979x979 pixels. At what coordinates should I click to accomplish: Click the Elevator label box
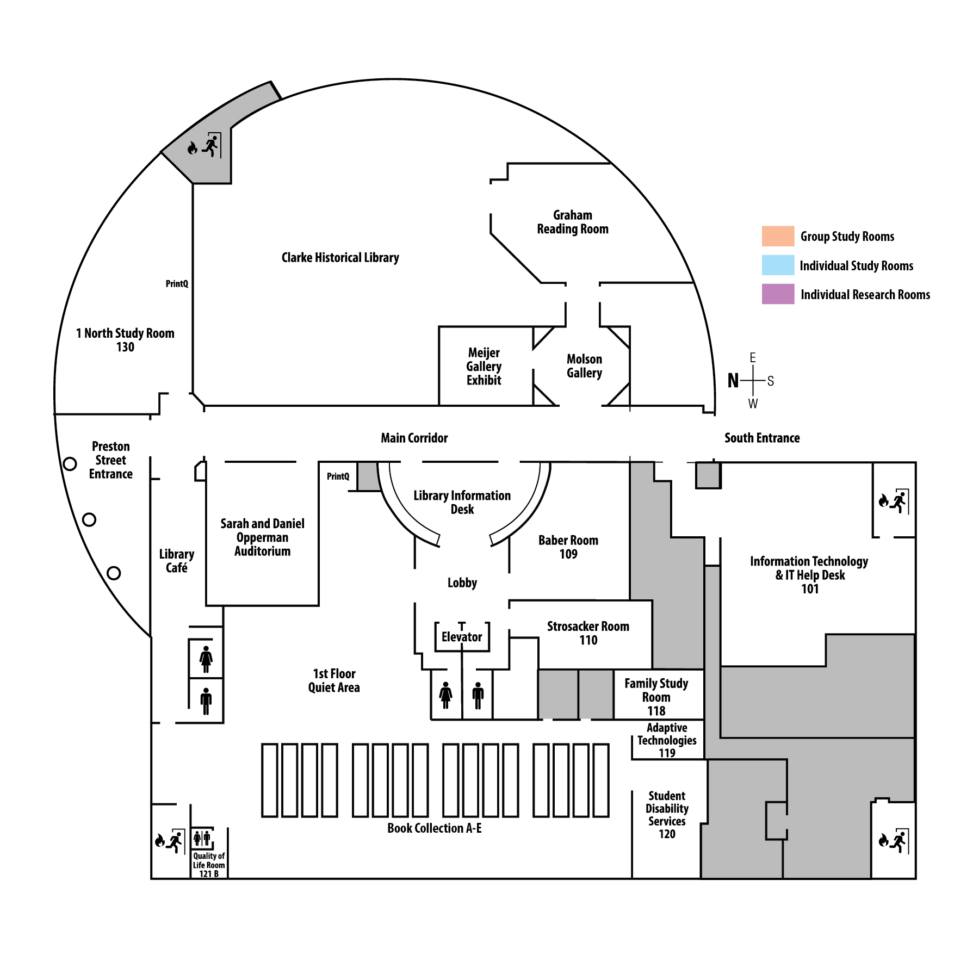click(462, 636)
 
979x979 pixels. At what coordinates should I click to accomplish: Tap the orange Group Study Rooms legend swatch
click(778, 236)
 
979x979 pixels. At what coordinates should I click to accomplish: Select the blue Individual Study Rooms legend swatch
click(778, 265)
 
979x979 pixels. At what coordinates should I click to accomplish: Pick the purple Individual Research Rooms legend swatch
click(778, 294)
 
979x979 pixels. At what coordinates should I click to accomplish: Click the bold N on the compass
click(733, 381)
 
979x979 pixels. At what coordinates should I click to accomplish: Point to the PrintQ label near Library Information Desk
click(338, 476)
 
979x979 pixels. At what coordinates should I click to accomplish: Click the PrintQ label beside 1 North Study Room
click(177, 284)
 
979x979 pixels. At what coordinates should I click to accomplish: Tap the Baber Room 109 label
click(568, 547)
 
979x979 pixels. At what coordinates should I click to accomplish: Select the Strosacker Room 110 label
click(588, 633)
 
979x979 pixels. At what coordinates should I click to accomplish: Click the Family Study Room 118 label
click(656, 697)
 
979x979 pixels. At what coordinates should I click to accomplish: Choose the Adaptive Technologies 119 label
click(667, 740)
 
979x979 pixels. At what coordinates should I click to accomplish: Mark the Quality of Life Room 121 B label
click(209, 865)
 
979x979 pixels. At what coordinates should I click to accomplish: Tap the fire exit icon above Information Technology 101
click(894, 501)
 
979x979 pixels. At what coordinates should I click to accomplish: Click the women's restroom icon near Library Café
click(206, 659)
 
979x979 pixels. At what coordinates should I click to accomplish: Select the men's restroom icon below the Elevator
click(478, 695)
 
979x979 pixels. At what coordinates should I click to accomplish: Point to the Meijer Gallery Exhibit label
click(484, 367)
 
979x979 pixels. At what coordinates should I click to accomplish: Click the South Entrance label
click(761, 438)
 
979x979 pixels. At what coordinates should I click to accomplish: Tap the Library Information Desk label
click(462, 502)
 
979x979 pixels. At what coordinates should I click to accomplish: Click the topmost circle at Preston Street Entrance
click(70, 464)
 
